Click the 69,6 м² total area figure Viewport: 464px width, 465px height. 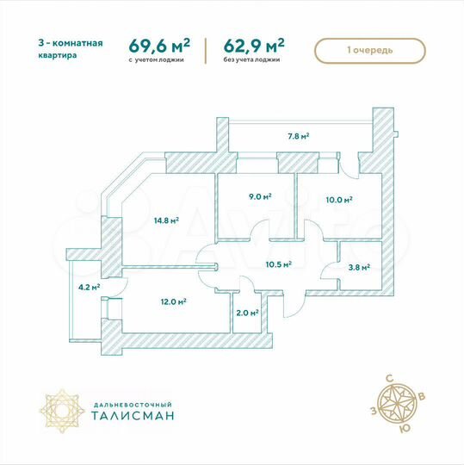pos(159,44)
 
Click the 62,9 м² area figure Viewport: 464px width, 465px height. pos(255,44)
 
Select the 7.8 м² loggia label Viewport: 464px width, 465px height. pos(298,136)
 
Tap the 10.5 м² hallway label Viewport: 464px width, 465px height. pos(279,265)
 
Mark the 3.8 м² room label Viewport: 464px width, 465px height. pos(358,267)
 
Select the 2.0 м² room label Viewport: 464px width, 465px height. pos(248,313)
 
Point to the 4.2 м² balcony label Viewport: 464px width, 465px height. pos(89,288)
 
